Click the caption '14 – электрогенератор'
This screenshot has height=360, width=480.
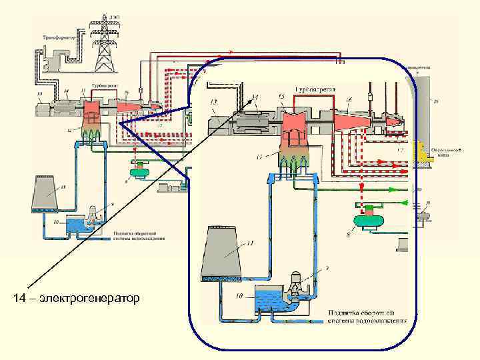coord(76,297)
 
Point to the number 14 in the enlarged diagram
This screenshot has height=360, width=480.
coord(254,97)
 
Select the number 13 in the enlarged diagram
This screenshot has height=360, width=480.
coord(213,101)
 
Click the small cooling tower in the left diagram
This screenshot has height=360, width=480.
coord(45,196)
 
